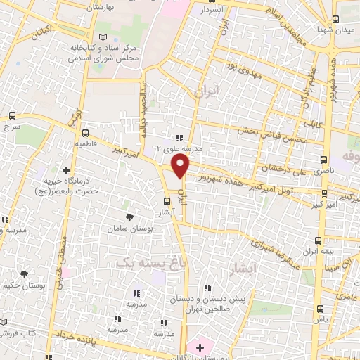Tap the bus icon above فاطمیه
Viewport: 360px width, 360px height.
pos(85,133)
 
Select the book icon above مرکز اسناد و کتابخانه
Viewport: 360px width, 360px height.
pos(103,36)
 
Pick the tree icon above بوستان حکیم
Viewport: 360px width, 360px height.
pos(25,274)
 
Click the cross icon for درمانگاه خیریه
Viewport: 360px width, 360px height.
pos(67,169)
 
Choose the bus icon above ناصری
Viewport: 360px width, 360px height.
pos(323,160)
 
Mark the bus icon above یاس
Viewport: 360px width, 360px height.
pos(321,308)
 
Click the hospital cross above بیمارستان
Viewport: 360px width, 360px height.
pos(200,347)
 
